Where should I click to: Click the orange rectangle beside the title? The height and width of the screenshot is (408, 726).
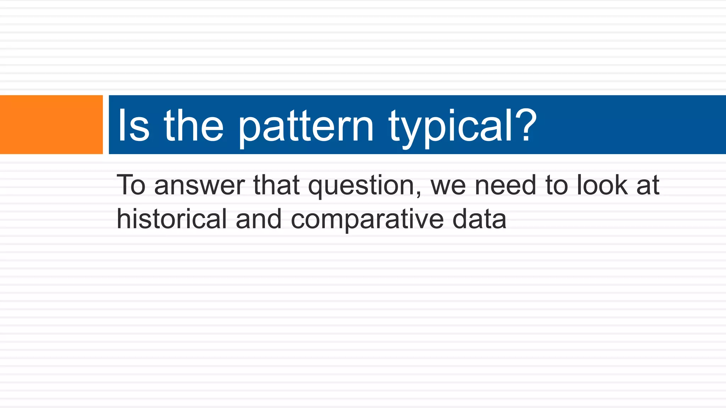tap(51, 125)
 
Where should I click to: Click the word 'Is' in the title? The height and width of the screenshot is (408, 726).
tap(133, 125)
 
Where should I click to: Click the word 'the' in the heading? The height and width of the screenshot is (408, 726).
tap(194, 125)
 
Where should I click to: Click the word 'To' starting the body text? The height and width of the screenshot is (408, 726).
tap(131, 185)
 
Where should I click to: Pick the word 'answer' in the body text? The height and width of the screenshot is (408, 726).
tap(199, 186)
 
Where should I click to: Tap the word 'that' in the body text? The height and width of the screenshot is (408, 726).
tap(276, 185)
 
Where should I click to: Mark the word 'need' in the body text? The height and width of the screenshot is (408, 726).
tap(505, 185)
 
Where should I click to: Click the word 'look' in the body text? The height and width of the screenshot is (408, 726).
tap(602, 185)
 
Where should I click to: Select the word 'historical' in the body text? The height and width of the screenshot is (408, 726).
tap(172, 219)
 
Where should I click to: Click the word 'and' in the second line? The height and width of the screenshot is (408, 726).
tap(258, 219)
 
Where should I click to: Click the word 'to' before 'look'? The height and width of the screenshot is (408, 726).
tap(557, 186)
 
